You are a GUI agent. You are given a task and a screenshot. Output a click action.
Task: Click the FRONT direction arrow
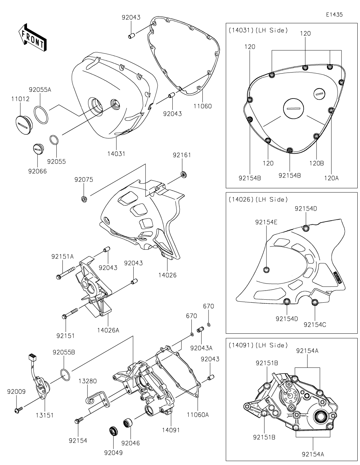(32, 37)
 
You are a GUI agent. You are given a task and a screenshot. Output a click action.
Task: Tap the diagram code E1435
(334, 15)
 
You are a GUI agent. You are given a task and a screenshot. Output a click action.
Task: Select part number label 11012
(20, 99)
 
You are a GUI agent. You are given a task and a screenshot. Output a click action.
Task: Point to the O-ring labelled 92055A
(41, 115)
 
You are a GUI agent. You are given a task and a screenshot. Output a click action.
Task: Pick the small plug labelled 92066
(38, 148)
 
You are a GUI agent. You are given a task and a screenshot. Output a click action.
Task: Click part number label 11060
(202, 106)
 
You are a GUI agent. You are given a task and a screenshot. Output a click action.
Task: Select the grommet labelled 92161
(184, 174)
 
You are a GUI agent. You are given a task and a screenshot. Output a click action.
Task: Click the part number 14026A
(108, 330)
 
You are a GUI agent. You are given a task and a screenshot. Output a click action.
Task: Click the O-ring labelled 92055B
(65, 375)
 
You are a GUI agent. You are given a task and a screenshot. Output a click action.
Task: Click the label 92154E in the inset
(266, 222)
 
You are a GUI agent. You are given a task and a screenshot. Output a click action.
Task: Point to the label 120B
(316, 163)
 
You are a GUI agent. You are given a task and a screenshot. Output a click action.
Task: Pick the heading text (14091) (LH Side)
(258, 345)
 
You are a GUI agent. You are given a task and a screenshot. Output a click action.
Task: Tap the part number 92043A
(201, 348)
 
